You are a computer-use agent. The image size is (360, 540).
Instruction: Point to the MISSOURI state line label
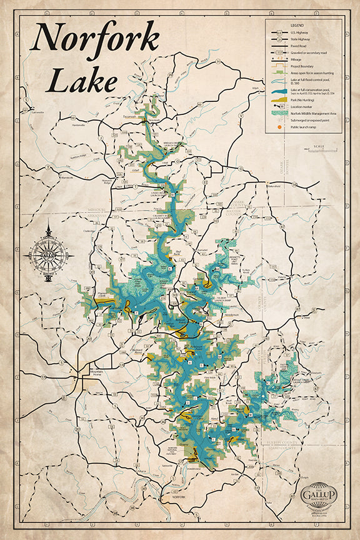97,209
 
